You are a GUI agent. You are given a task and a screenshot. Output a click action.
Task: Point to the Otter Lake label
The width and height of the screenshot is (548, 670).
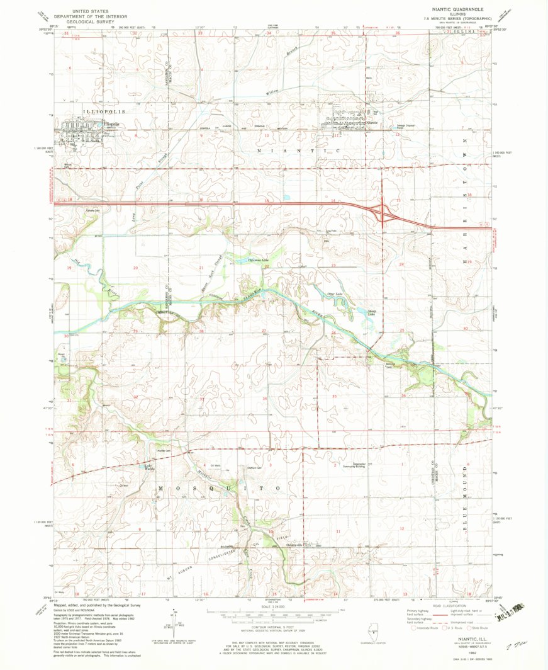click(x=334, y=294)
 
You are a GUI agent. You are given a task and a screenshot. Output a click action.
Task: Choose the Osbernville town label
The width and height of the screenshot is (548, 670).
click(x=298, y=545)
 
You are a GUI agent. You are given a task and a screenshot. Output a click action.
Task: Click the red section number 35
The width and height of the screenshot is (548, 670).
click(x=335, y=397)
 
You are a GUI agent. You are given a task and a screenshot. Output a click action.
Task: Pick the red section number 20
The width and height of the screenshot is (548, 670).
click(x=135, y=268)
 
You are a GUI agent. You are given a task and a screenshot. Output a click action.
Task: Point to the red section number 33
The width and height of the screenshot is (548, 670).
click(x=202, y=399)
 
